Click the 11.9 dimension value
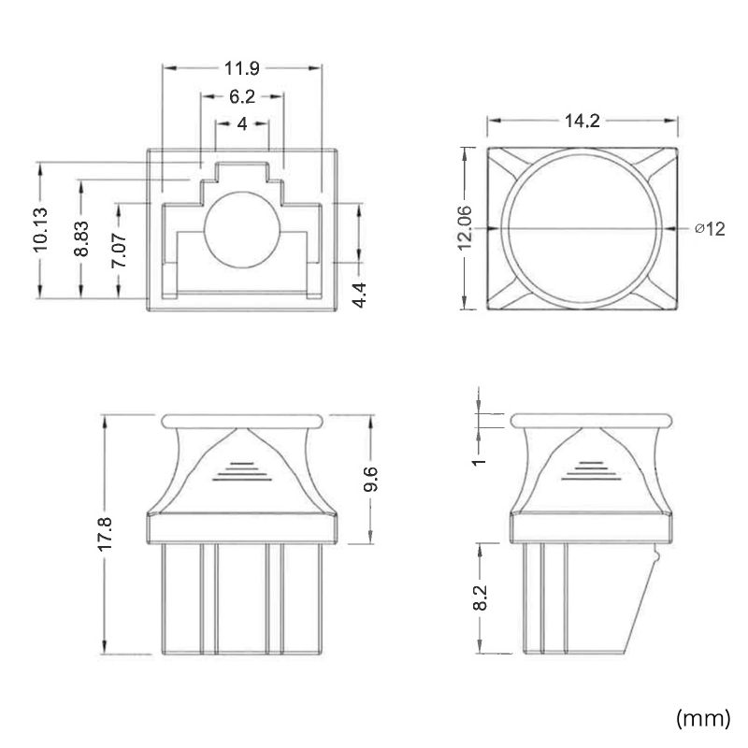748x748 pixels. (242, 68)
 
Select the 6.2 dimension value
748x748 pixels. (242, 97)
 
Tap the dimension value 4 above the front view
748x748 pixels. (242, 124)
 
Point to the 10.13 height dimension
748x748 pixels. (40, 230)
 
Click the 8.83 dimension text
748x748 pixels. (81, 238)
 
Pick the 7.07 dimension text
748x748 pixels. (119, 250)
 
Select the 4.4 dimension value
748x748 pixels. (359, 295)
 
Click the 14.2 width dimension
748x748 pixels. (582, 121)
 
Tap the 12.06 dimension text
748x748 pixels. (464, 228)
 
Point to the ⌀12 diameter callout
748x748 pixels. (710, 229)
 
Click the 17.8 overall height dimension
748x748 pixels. (105, 534)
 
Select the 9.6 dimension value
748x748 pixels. (370, 479)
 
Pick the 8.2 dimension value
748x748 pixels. (480, 597)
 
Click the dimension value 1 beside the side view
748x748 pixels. (480, 461)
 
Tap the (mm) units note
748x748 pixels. (703, 717)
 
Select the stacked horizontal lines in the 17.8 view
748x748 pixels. (242, 471)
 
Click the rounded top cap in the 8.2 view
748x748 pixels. (591, 421)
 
